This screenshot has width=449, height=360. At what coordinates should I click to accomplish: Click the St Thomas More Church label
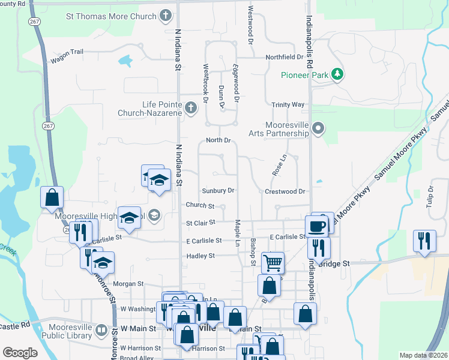tap(112, 16)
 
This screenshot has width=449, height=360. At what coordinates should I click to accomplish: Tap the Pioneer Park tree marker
tap(338, 74)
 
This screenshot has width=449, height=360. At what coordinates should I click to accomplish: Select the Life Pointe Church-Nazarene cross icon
tap(190, 108)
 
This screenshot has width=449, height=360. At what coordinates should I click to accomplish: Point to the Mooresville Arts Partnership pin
tap(319, 128)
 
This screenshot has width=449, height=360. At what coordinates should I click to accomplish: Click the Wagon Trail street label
tap(67, 52)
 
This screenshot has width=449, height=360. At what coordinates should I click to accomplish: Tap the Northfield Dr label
tap(284, 57)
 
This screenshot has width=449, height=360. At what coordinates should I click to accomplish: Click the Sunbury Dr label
tap(218, 191)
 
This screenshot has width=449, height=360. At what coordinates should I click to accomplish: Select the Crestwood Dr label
tap(285, 191)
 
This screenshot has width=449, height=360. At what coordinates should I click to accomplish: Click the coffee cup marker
tap(316, 226)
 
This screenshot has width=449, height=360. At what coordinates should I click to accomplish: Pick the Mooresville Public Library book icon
tap(101, 330)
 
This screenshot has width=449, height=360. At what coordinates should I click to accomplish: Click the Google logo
tap(20, 353)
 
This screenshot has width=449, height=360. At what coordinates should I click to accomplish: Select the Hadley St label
tap(201, 256)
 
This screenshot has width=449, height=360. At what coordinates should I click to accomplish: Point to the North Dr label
tap(218, 140)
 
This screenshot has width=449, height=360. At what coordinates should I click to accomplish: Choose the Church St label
tap(200, 205)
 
